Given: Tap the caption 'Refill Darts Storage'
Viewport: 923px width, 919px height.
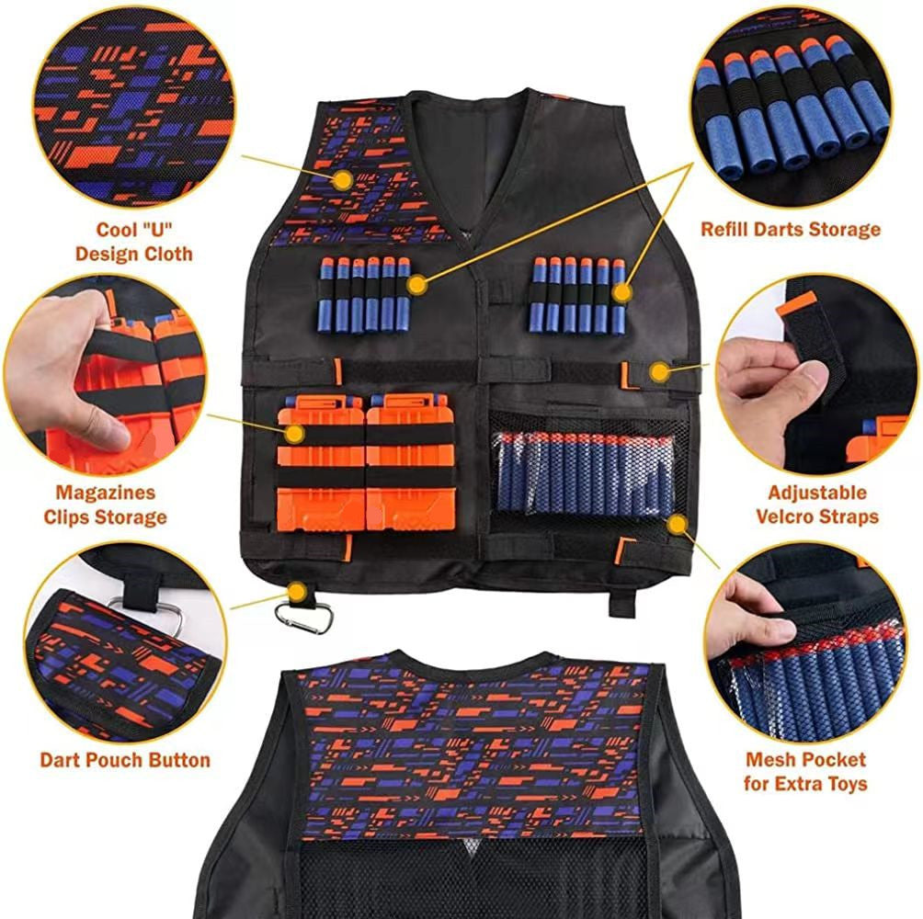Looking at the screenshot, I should [791, 229].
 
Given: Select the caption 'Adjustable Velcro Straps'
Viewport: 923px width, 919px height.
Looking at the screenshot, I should [817, 505].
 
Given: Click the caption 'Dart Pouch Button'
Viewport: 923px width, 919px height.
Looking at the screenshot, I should [125, 760].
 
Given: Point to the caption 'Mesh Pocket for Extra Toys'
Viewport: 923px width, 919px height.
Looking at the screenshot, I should [805, 772].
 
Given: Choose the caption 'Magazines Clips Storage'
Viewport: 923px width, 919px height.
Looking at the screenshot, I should [105, 505].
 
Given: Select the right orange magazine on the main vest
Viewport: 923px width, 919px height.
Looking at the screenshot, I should [410, 464].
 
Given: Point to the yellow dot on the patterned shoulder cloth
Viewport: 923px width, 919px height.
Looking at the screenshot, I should [342, 180].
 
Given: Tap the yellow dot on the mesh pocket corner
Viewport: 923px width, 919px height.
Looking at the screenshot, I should [678, 525].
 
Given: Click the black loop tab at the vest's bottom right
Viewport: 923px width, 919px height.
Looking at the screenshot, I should [621, 604].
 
